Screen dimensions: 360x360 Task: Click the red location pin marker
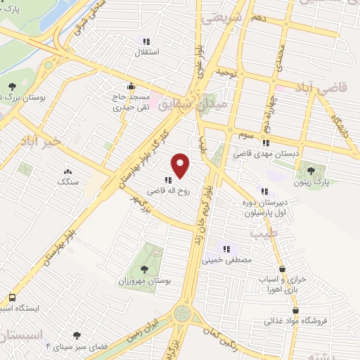tap(181, 166)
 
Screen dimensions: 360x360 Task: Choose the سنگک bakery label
tap(67, 181)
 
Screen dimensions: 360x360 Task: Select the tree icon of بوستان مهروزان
tap(144, 269)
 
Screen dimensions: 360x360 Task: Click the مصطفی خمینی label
tap(227, 259)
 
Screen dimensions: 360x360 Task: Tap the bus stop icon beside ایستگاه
tap(11, 297)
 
